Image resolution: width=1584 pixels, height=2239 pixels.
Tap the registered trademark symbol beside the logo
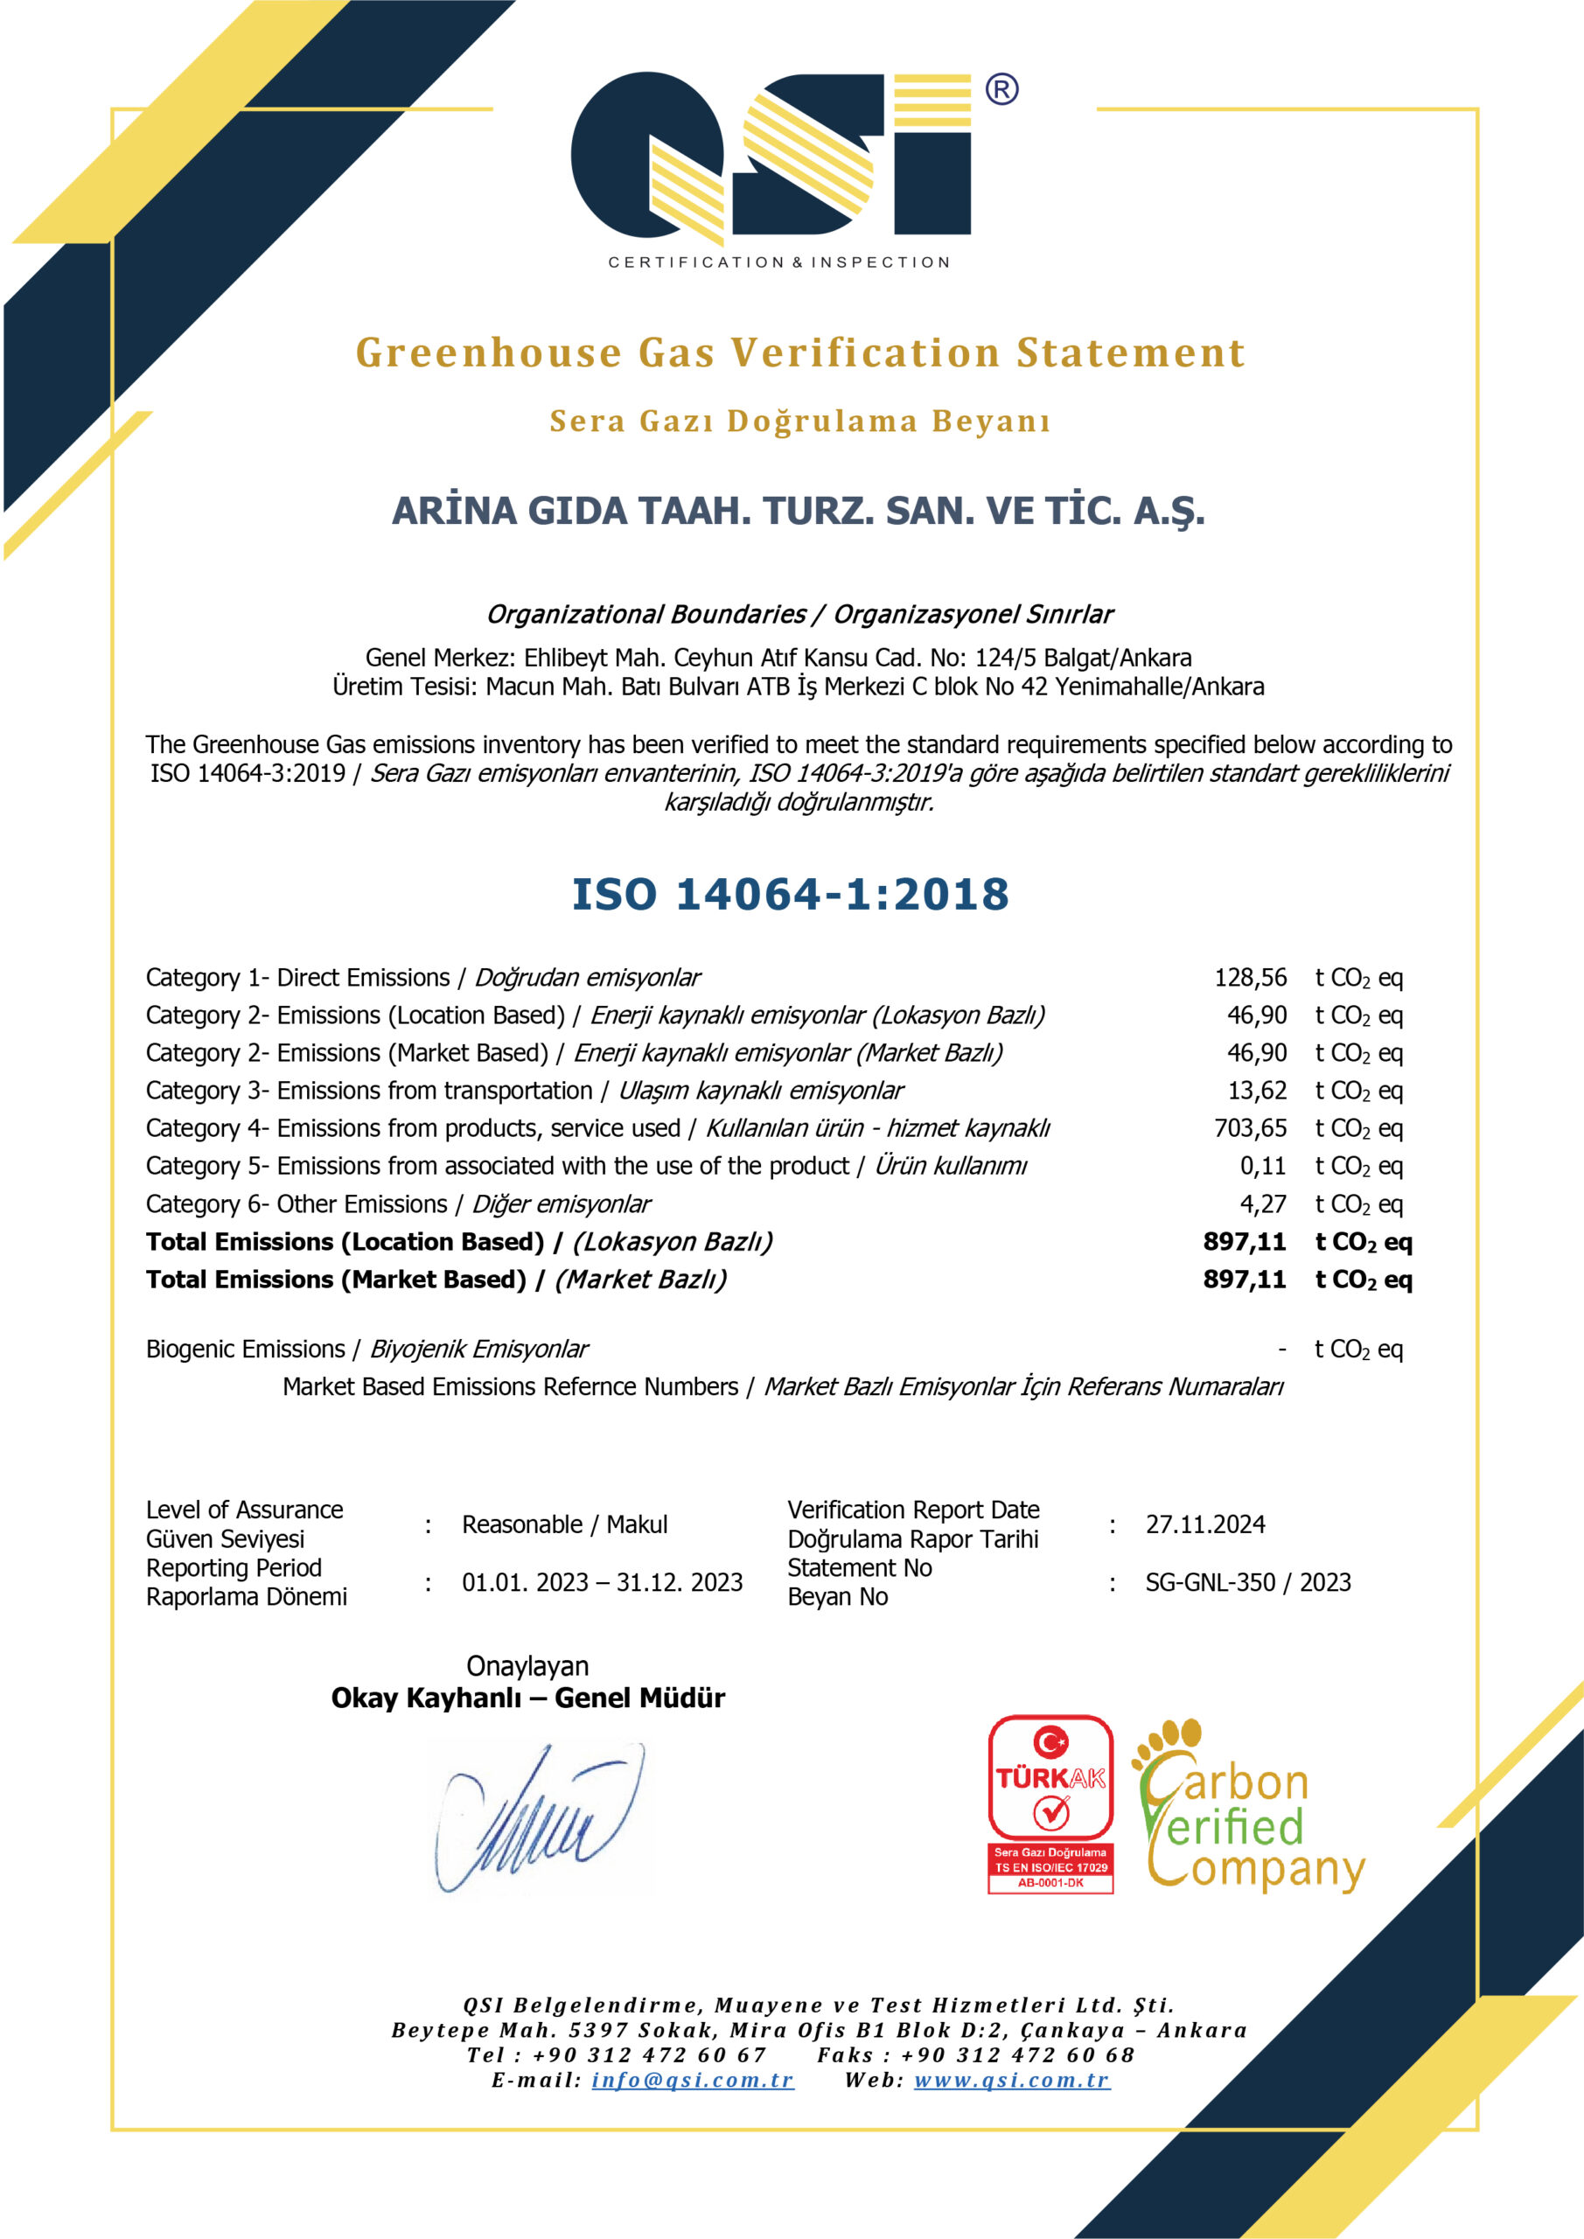[1001, 90]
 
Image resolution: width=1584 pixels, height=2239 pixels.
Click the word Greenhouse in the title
[488, 353]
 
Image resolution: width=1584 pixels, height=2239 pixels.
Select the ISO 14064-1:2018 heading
[790, 894]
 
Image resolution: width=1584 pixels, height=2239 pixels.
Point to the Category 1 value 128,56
[1250, 977]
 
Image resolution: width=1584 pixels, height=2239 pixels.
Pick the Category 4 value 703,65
[1250, 1128]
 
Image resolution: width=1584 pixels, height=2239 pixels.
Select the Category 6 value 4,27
[1262, 1204]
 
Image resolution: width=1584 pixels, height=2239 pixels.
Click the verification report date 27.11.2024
[1204, 1524]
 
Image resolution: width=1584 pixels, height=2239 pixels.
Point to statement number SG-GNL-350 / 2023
[1247, 1582]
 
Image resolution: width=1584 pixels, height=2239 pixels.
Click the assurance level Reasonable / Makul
[565, 1524]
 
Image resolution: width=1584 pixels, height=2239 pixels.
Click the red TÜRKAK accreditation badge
[1050, 1804]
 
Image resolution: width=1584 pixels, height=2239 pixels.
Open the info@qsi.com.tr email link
[693, 2079]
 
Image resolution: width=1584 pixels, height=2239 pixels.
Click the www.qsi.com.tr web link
[1011, 2079]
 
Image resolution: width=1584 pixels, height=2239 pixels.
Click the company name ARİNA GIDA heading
[798, 511]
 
